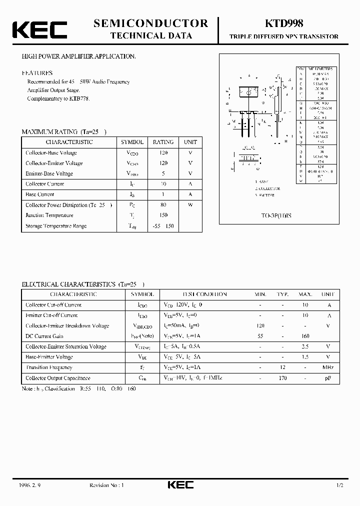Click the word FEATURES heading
coord(37,73)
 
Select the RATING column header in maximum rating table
coord(163,142)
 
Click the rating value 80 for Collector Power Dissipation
coord(163,205)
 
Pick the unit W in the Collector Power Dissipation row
coord(190,205)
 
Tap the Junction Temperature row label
coord(49,215)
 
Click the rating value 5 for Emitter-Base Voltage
coord(163,173)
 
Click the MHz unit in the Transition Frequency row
coord(328,368)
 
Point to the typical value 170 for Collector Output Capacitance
coord(283,378)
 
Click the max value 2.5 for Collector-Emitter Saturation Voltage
coord(305,346)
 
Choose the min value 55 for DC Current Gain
coord(260,336)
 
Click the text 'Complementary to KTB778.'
coord(57,99)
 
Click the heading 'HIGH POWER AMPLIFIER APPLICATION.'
coord(78,57)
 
